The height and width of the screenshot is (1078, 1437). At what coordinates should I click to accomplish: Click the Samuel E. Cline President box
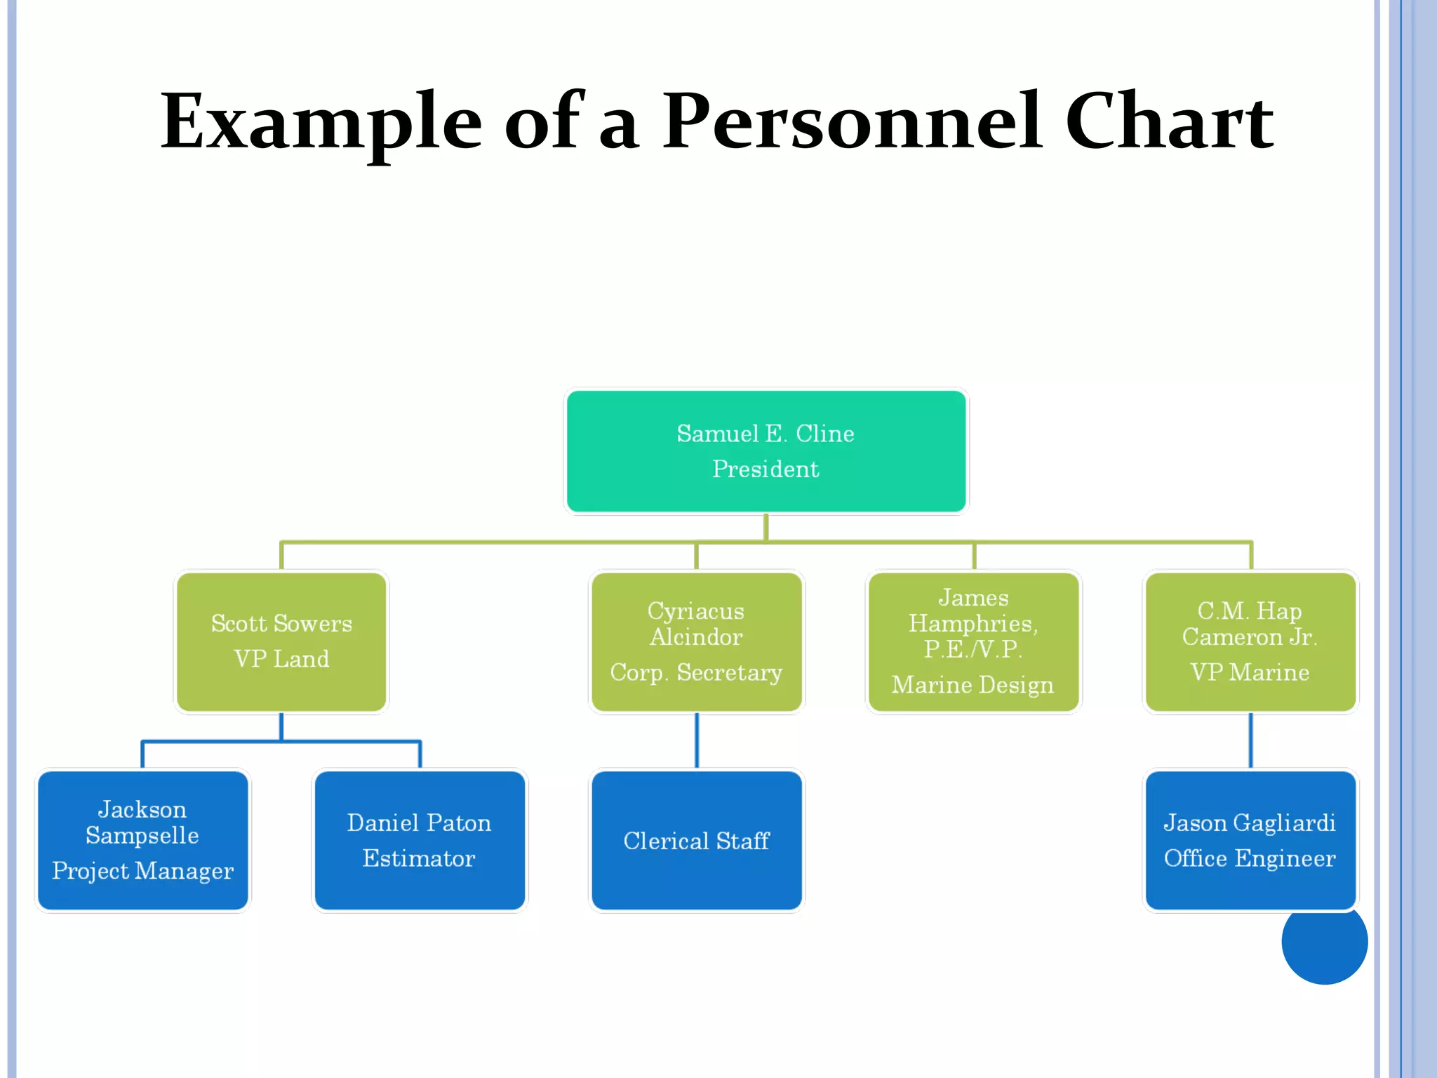pos(766,451)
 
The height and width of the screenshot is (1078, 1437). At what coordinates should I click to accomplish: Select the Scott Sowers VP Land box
pos(281,641)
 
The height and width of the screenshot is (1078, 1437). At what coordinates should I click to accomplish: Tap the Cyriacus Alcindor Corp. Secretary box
pos(696,641)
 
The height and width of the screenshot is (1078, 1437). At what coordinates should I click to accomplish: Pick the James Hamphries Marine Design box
pos(973,641)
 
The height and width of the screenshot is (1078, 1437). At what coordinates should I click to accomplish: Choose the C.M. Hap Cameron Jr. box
pos(1250,641)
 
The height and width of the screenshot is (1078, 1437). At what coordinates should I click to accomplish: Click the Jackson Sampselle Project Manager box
pos(142,840)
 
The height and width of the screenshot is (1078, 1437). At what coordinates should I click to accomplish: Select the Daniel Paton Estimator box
pos(420,840)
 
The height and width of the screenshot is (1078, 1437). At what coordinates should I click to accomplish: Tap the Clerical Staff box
pos(696,840)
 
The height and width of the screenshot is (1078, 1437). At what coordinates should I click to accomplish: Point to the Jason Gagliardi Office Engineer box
pos(1250,840)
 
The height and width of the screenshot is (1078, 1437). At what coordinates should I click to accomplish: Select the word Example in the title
pos(321,123)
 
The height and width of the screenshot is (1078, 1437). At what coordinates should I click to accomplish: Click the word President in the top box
pos(766,469)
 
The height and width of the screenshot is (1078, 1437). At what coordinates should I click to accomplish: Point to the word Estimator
pos(419,858)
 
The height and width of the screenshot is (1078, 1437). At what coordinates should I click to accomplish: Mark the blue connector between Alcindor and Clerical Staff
pos(696,740)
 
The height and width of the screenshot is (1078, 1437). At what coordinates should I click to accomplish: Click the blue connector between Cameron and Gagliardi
pos(1250,740)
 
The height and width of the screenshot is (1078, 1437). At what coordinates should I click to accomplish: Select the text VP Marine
pos(1250,672)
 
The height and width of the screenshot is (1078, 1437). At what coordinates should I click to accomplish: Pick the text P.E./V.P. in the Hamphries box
pos(973,649)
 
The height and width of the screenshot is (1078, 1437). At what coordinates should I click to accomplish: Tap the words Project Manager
pos(142,871)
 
